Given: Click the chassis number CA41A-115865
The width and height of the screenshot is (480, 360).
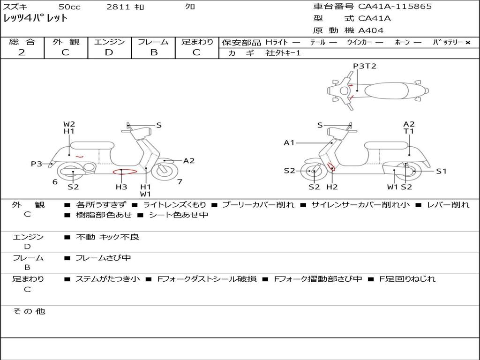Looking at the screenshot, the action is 395,7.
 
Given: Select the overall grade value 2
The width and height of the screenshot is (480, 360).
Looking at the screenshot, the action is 22,52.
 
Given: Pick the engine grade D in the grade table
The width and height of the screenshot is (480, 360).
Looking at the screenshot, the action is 109,52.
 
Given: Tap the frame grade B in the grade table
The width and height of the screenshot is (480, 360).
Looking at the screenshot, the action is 154,52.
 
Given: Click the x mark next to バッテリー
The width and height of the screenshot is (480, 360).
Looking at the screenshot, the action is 468,43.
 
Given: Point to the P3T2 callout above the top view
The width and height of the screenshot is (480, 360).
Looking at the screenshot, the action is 364,66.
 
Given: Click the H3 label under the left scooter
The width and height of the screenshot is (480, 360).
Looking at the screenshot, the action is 121,187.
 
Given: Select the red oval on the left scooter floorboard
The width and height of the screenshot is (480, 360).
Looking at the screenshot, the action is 125,172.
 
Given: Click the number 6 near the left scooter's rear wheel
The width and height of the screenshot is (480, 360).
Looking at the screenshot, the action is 55,182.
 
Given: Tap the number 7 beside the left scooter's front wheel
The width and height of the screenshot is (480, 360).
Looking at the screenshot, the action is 180,182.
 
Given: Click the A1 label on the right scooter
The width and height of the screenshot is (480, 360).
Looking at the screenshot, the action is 289,142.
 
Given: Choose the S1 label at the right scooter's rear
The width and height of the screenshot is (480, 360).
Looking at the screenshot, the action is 441,171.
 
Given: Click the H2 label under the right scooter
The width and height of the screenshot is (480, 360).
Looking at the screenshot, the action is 332,187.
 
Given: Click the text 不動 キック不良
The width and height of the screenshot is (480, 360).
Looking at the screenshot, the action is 107,237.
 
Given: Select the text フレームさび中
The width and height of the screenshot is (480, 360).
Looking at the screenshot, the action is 103,258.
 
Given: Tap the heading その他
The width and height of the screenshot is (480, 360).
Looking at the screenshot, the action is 29,311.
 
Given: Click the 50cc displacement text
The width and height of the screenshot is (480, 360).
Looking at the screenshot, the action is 69,7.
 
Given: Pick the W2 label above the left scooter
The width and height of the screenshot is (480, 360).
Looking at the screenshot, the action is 69,124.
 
